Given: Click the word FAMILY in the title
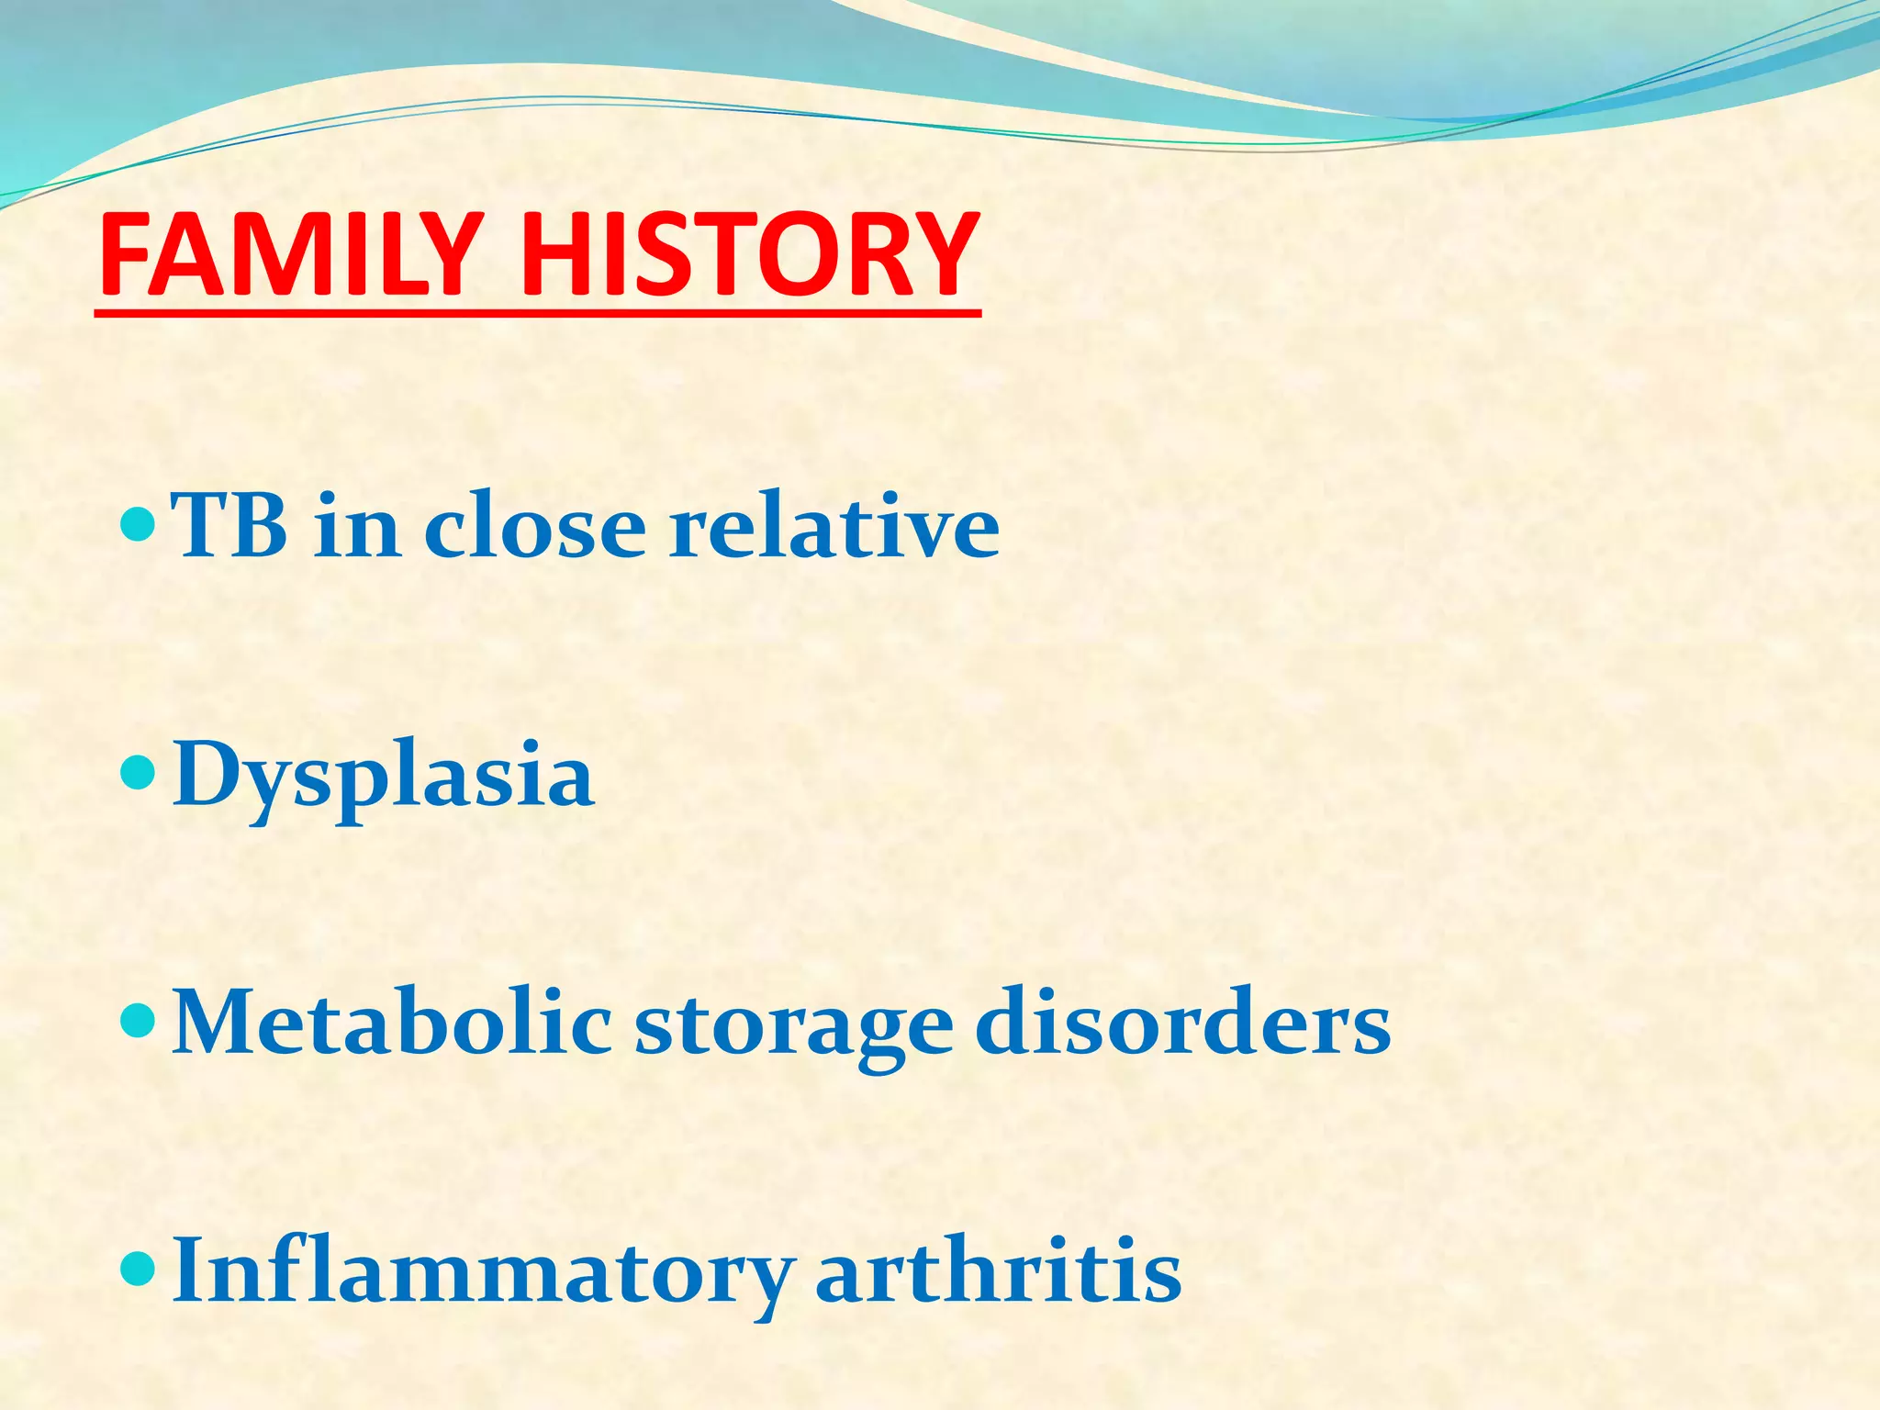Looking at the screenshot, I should coord(289,255).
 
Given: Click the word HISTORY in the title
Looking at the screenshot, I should coord(750,255).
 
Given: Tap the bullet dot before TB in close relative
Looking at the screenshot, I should coord(139,526).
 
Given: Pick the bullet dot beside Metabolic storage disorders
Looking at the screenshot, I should coord(139,1020).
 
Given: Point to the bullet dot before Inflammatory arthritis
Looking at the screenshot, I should coord(139,1268).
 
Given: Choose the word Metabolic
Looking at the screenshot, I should coord(392,1023).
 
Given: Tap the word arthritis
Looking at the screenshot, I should coord(999,1270).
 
